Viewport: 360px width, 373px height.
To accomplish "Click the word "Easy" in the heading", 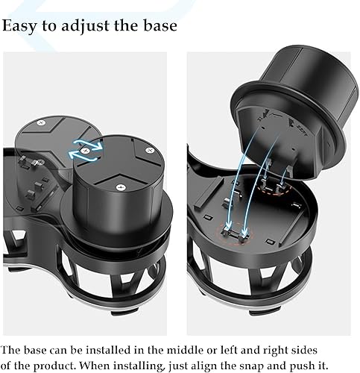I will (21, 25).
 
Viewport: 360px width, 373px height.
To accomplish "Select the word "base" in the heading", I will (159, 25).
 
